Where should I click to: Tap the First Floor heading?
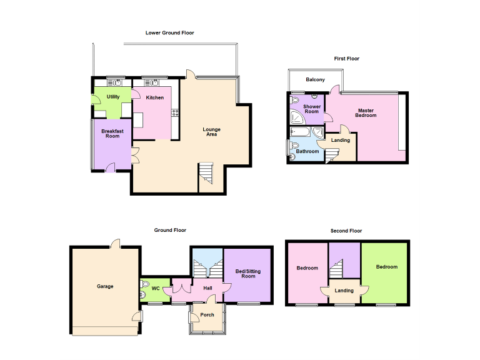click(346, 59)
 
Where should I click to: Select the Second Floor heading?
click(346, 231)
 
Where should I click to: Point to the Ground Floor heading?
click(171, 231)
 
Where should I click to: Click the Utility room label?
click(113, 97)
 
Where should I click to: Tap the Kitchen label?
click(155, 97)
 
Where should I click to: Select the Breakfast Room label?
click(112, 133)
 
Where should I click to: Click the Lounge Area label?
click(211, 132)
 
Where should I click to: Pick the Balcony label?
click(315, 80)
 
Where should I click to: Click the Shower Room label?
click(311, 109)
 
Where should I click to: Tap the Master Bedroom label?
click(366, 113)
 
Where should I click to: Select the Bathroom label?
click(307, 151)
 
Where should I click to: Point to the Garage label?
click(105, 286)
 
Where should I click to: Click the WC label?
click(156, 288)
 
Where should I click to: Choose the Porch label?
click(207, 314)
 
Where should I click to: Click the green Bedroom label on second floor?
click(386, 267)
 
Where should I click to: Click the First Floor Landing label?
click(341, 140)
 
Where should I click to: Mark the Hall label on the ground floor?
click(207, 287)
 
